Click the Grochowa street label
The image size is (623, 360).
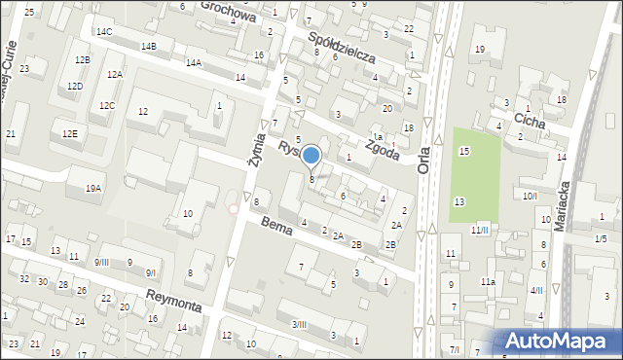pyautogui.click(x=228, y=11)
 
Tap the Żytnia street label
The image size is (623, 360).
pyautogui.click(x=255, y=153)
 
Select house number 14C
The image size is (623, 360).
pyautogui.click(x=103, y=32)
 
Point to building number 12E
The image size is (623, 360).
pyautogui.click(x=69, y=133)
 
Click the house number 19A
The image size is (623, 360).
pyautogui.click(x=92, y=188)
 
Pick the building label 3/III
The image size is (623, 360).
pyautogui.click(x=299, y=325)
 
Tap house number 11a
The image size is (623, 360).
pyautogui.click(x=487, y=282)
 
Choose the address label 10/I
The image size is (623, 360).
pyautogui.click(x=530, y=197)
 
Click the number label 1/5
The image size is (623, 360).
pyautogui.click(x=602, y=238)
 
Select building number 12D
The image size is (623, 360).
pyautogui.click(x=75, y=87)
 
